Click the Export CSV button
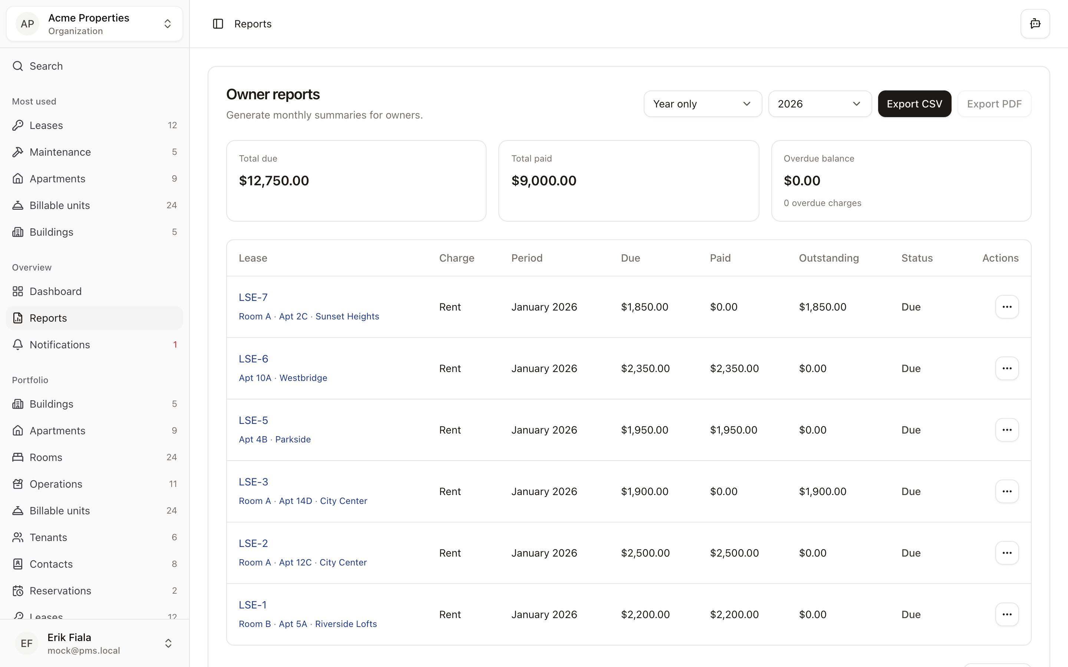point(914,104)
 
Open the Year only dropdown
point(702,104)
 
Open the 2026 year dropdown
point(819,104)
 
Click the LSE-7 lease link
point(253,297)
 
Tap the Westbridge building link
point(303,378)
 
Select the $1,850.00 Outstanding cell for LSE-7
point(823,307)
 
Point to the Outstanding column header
point(828,258)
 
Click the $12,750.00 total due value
point(274,181)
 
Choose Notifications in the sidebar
point(60,345)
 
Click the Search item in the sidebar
point(46,66)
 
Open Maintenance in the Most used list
point(60,152)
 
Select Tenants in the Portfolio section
point(48,537)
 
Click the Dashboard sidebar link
point(56,292)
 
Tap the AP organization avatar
point(27,24)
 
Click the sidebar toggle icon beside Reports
point(218,24)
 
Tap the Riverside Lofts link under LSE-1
point(346,624)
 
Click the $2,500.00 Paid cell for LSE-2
point(734,553)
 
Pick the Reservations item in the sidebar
point(60,591)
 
